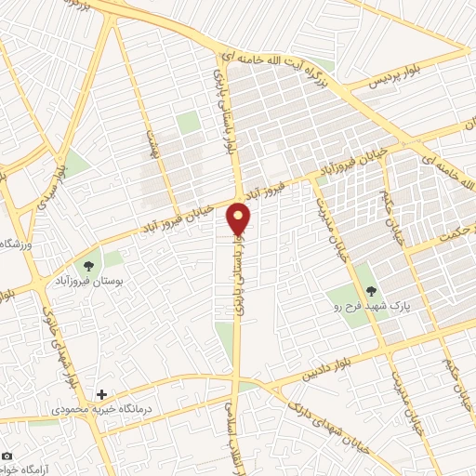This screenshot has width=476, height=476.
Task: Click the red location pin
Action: pyautogui.click(x=239, y=219)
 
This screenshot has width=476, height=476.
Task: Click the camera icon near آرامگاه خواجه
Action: pyautogui.click(x=7, y=456)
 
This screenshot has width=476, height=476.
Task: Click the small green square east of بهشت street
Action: pyautogui.click(x=189, y=122)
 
